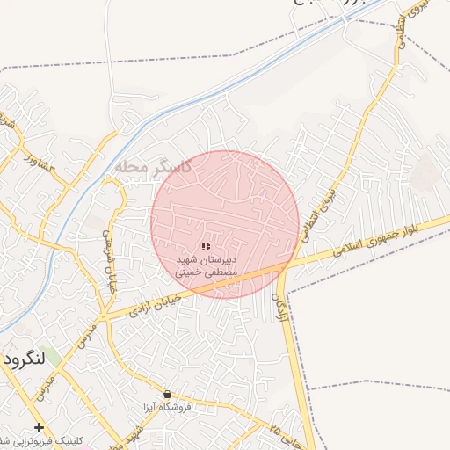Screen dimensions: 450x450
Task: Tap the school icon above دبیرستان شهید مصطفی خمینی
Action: click(205, 247)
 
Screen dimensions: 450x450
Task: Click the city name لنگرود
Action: click(24, 360)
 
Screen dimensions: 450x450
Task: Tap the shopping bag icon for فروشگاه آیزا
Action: click(167, 394)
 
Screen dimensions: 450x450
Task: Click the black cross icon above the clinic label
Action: click(37, 427)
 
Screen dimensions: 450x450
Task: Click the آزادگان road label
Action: click(283, 309)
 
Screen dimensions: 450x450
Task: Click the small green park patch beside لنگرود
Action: click(49, 358)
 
